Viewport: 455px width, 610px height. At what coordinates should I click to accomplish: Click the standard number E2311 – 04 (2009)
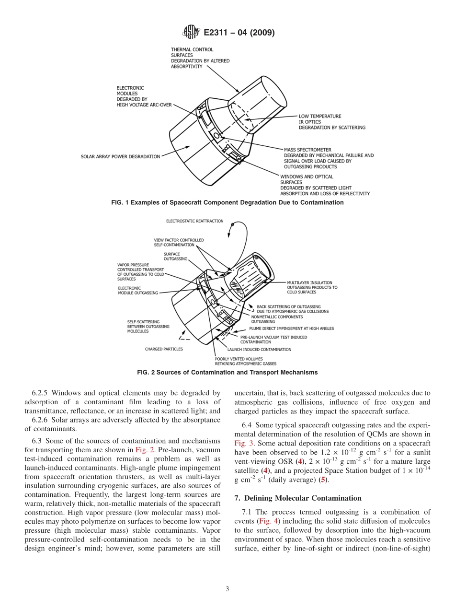pos(239,33)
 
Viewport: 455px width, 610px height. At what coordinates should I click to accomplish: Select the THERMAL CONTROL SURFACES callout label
pos(200,58)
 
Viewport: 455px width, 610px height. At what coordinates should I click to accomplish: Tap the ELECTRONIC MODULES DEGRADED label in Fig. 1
pos(144,96)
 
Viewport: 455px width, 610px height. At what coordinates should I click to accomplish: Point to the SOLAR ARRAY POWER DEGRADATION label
pos(120,156)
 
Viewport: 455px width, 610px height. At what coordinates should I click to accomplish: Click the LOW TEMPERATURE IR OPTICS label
pos(332,122)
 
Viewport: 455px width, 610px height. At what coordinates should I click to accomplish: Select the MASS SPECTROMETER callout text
pos(329,158)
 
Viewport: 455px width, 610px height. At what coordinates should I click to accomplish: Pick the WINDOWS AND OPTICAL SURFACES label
pos(325,185)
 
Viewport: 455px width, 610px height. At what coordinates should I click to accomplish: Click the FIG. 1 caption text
pos(227,203)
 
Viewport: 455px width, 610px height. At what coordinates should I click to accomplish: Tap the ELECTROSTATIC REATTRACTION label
pos(194,221)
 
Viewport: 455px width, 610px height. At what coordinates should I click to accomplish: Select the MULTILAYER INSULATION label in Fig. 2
pos(312,287)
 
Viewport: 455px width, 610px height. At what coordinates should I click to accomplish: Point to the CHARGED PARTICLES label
pos(164,349)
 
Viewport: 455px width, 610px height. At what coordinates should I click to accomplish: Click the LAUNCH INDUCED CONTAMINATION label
pos(259,350)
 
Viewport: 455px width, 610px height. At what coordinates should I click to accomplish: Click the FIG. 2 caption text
pos(227,372)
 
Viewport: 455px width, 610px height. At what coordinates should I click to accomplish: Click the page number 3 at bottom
pos(227,589)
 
